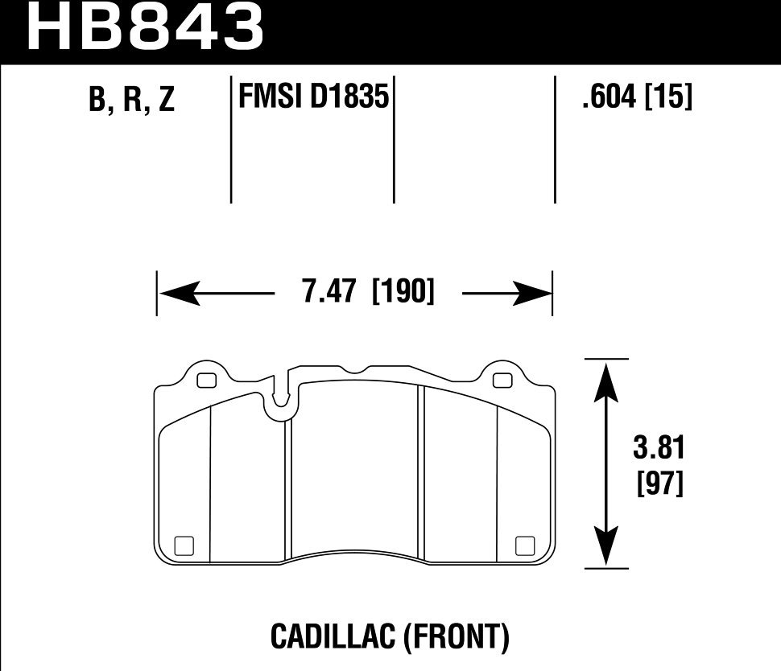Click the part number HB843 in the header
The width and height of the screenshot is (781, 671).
point(146,27)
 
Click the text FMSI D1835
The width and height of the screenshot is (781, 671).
point(313,98)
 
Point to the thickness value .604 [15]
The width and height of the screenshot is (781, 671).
point(635,98)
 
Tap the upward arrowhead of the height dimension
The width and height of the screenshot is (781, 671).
point(605,378)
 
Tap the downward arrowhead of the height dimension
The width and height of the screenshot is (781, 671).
point(605,549)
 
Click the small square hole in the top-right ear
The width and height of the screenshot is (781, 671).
point(502,381)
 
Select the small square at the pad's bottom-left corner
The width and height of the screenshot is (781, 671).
point(183,545)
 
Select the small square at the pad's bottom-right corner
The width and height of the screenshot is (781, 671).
point(524,545)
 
